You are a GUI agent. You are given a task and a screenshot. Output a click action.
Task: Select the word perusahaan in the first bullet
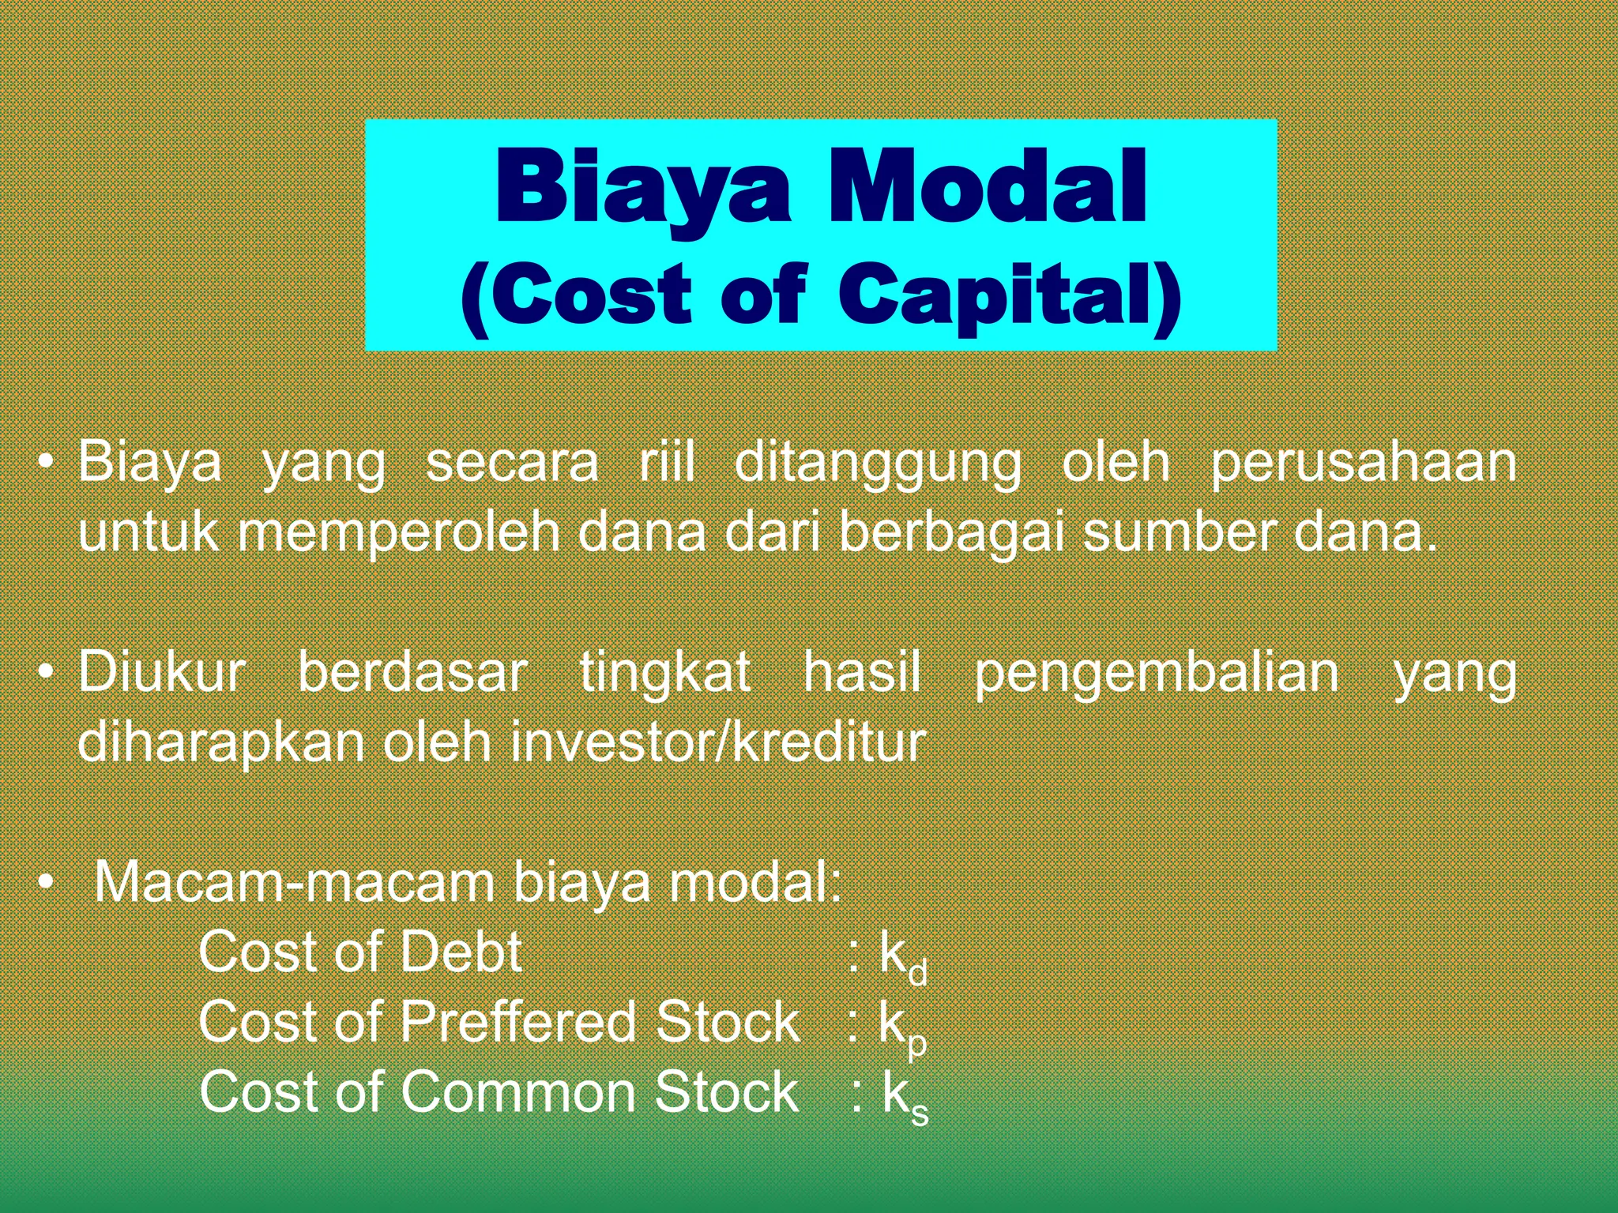[1364, 464]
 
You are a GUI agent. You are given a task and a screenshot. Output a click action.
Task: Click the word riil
[667, 463]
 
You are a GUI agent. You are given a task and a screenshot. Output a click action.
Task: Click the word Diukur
[162, 673]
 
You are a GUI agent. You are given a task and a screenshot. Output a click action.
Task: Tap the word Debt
[461, 952]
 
